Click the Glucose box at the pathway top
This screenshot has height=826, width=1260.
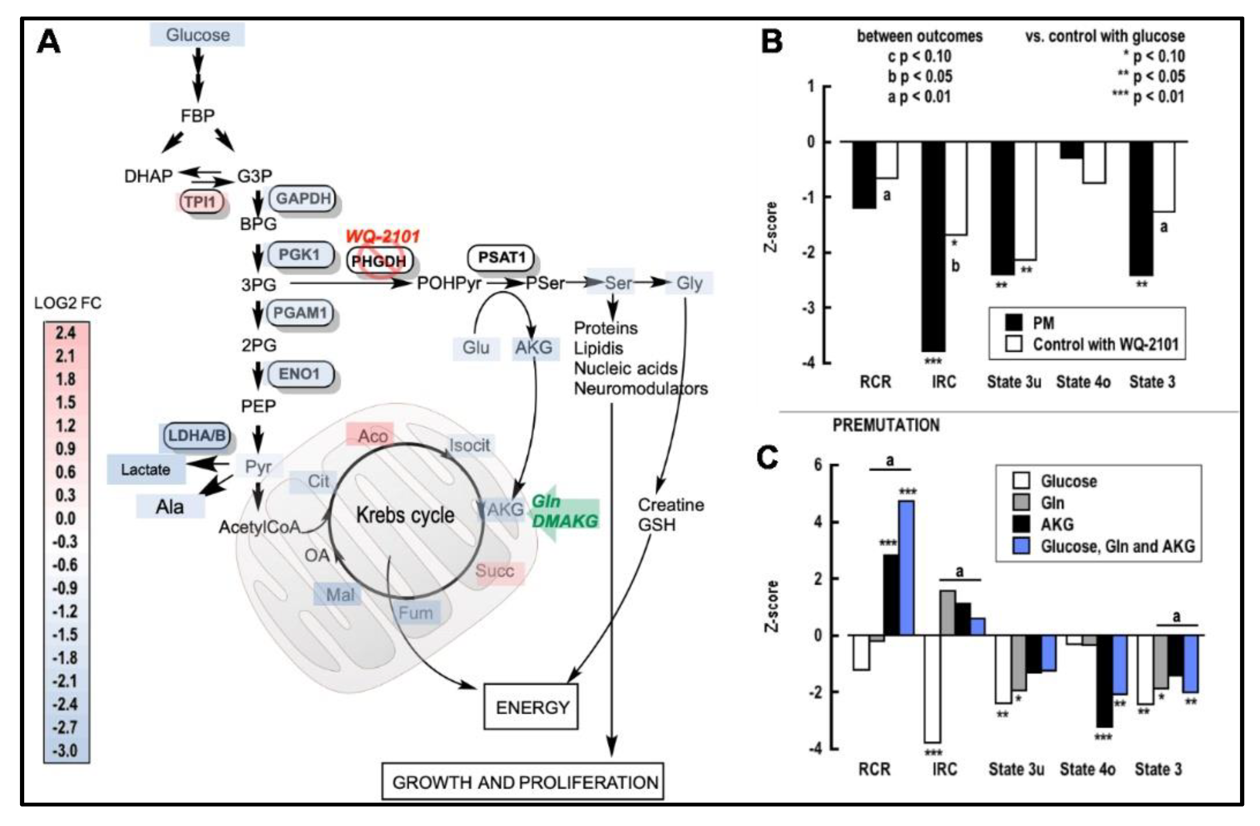point(197,35)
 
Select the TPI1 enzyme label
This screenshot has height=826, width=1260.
point(200,202)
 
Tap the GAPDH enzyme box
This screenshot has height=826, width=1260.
point(303,199)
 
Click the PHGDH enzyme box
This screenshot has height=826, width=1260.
point(379,261)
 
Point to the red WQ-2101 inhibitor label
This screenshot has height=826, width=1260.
point(383,236)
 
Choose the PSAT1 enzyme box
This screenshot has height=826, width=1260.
point(501,257)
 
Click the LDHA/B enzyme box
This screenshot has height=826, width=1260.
point(197,436)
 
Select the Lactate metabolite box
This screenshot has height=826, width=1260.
point(146,470)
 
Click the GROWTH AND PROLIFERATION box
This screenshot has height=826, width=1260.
point(523,781)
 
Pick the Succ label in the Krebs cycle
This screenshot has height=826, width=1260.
point(495,571)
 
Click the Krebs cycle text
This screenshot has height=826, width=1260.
point(405,515)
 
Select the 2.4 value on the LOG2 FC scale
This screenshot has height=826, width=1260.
point(66,333)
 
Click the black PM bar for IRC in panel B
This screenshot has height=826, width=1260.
point(933,246)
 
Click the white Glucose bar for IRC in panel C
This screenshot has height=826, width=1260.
point(932,688)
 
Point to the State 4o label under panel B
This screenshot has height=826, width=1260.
point(1083,382)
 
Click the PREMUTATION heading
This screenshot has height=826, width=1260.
point(886,425)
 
